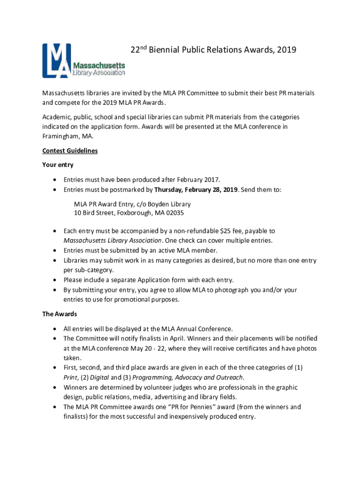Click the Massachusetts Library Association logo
coord(84,61)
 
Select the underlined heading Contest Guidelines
coord(70,151)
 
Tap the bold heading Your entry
coord(58,165)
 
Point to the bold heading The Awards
coord(59,313)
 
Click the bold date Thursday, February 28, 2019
coord(196,190)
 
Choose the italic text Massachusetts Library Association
coord(113,240)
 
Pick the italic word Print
coord(71,377)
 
